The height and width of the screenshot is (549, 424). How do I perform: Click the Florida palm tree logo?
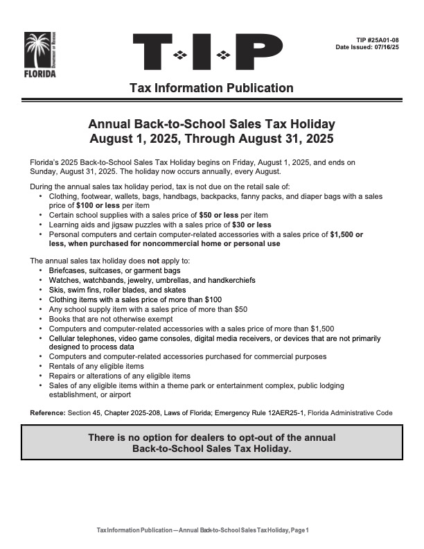40,54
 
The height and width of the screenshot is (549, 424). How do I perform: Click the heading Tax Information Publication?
211,88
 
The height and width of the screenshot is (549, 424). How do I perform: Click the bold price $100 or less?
98,207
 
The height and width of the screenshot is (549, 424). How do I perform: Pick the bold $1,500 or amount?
348,234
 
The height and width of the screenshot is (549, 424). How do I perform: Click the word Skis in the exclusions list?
56,289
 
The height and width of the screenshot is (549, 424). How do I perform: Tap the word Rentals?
62,366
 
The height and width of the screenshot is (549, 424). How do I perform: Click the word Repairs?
62,376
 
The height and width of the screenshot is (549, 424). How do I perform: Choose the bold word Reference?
48,413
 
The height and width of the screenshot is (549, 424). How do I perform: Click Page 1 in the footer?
299,530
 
